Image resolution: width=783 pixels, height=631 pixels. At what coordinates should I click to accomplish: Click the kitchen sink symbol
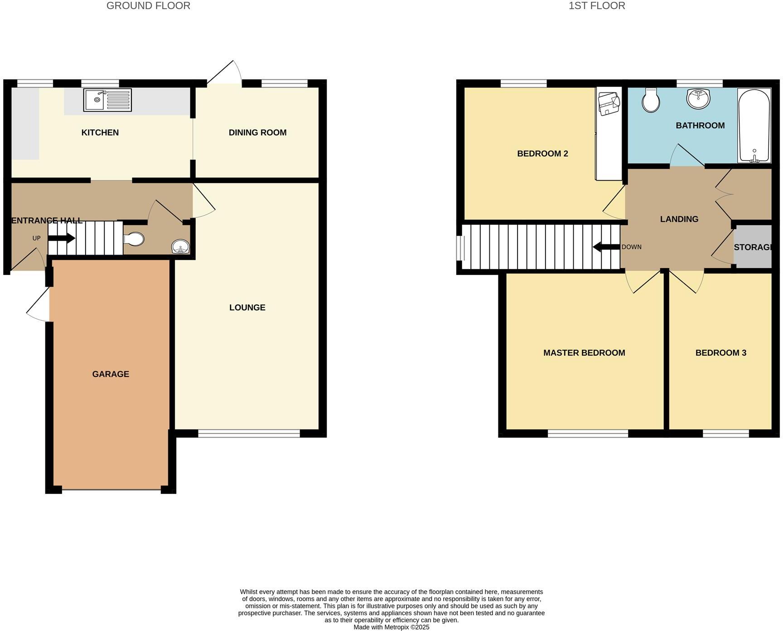107,100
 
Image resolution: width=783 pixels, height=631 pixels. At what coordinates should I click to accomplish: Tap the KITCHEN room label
100,133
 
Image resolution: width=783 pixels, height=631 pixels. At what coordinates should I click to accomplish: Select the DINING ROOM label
257,133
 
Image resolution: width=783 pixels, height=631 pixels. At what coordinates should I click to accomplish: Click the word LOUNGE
247,308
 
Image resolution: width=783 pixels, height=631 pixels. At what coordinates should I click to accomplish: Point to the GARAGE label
111,374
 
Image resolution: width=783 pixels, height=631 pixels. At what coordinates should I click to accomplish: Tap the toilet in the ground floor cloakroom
134,239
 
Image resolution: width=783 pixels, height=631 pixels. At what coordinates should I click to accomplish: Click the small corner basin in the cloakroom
181,247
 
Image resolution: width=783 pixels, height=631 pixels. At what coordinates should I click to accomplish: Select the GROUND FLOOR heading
148,6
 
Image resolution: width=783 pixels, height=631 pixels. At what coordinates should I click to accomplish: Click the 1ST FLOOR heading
597,6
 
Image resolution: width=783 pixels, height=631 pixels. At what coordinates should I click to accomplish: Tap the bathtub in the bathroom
754,125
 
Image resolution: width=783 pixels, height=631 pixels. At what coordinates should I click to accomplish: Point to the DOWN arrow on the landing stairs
606,247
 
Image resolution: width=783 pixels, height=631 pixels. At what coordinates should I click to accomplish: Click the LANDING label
679,219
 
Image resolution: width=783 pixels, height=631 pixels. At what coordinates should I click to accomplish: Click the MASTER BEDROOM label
584,353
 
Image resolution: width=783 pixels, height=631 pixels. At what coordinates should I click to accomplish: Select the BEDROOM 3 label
720,353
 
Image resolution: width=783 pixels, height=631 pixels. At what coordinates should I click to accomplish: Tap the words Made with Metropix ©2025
391,627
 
